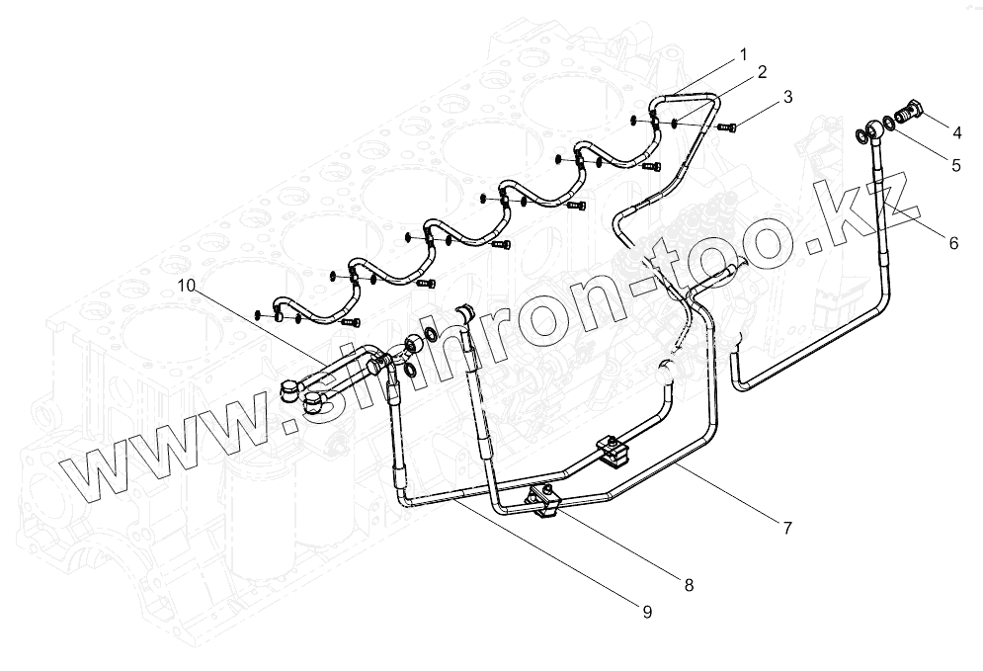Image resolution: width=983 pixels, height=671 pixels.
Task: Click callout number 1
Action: pos(743,53)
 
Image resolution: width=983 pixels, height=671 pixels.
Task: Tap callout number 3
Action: pos(786,98)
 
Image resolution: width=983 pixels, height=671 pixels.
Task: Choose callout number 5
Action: pos(955,165)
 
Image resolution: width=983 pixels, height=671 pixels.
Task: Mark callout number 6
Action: pos(952,242)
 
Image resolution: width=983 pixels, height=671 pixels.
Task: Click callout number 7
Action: pos(786,528)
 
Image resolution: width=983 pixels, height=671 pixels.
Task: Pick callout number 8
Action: pos(688,585)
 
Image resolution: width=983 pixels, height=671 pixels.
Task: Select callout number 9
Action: pos(647,613)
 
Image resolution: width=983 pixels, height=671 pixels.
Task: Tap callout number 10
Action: pos(187,286)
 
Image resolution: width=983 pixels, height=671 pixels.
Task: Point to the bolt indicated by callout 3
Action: pos(727,127)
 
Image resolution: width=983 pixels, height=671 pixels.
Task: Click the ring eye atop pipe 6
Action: pos(874,129)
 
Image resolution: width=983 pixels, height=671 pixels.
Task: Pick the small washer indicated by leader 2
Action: pos(673,124)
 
